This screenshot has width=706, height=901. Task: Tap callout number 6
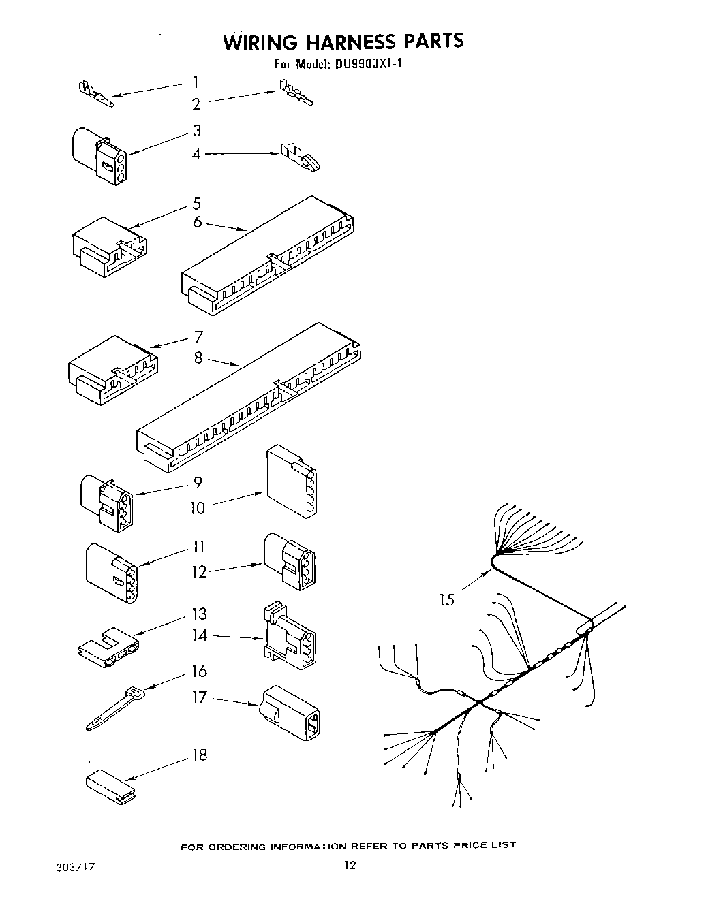point(197,222)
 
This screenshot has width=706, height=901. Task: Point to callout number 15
point(446,600)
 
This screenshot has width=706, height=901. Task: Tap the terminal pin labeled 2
point(296,94)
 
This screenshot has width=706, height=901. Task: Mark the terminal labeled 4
point(300,157)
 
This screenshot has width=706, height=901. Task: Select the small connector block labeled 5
point(109,246)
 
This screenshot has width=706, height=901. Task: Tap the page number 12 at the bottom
point(349,866)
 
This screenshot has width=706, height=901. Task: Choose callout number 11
point(198,546)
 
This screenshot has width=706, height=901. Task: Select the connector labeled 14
point(288,637)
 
